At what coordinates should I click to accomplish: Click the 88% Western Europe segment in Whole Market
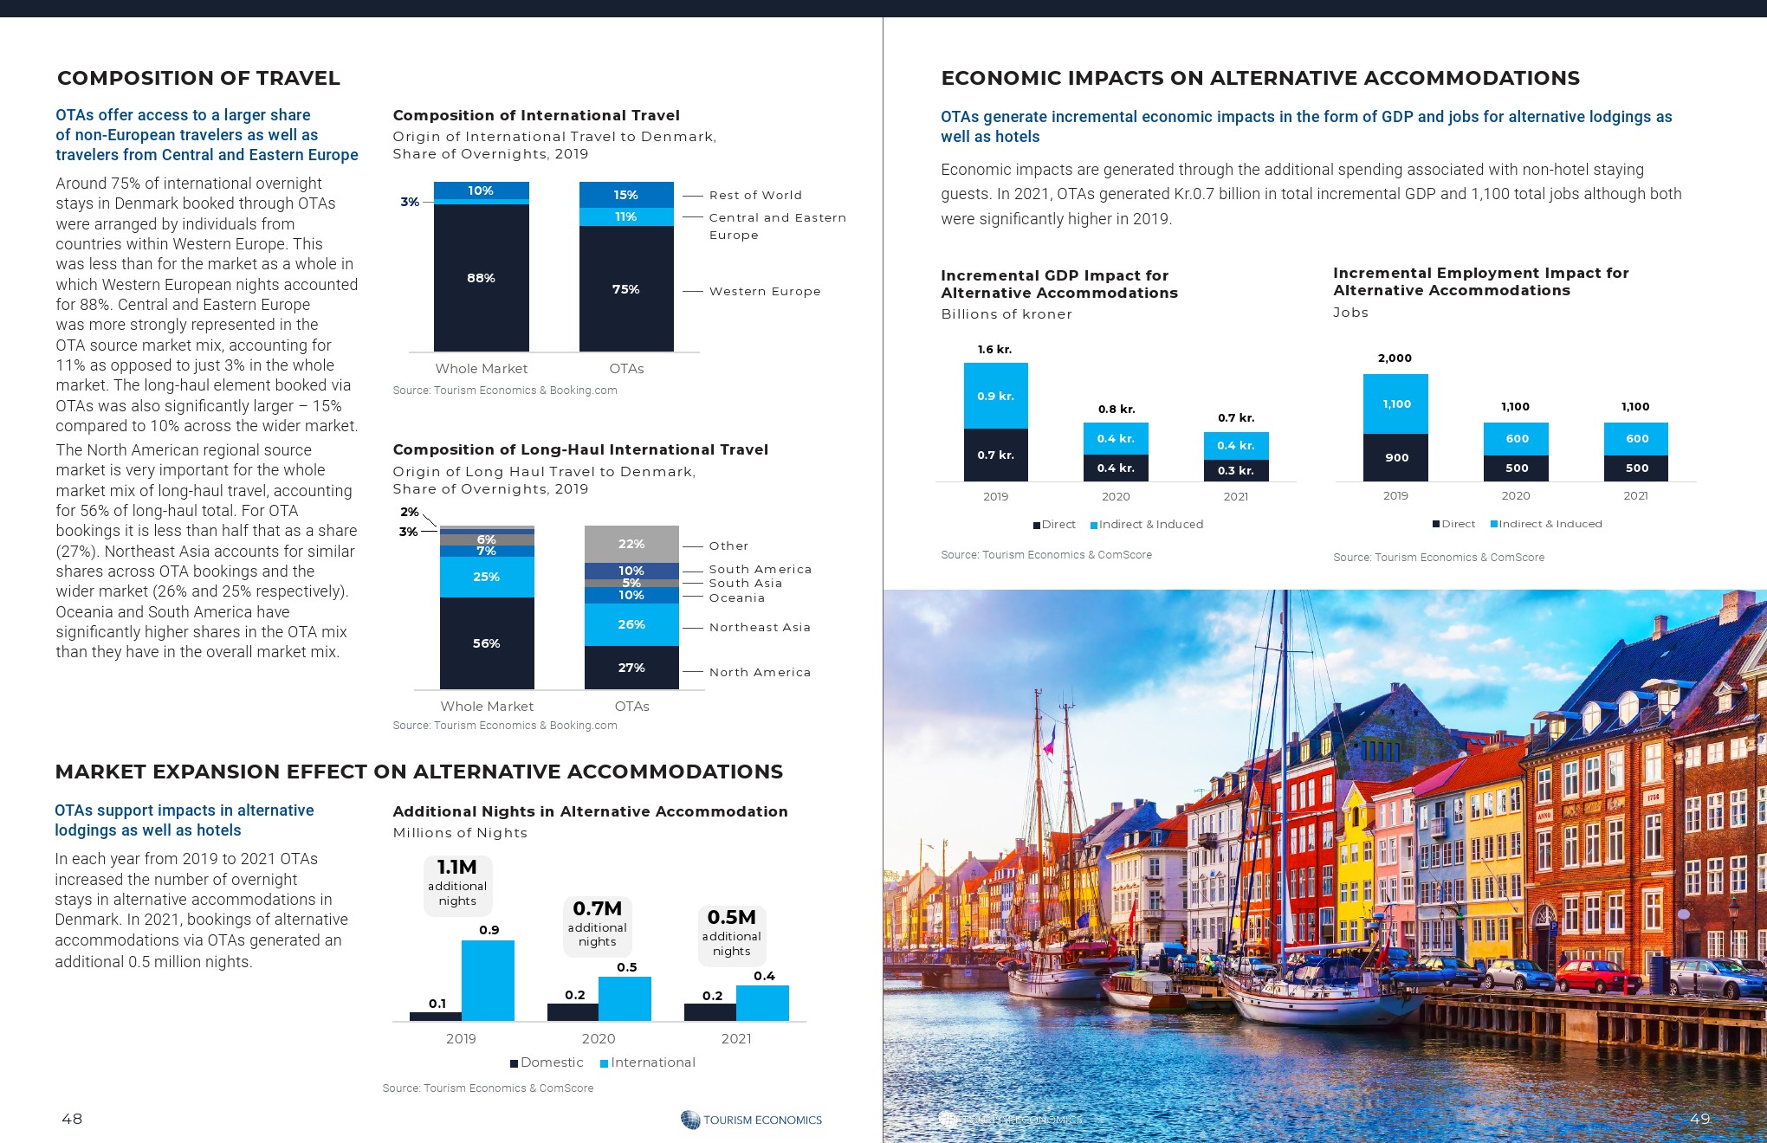(481, 277)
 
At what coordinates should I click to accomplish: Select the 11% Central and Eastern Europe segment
(625, 216)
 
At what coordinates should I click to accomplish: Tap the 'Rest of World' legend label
(755, 196)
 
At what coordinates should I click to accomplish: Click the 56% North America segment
(486, 643)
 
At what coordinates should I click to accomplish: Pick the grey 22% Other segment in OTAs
(631, 544)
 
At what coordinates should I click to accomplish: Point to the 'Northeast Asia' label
(760, 628)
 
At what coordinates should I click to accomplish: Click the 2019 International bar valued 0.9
(488, 980)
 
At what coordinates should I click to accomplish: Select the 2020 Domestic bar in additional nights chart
(573, 1011)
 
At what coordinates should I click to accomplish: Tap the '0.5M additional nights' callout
(731, 933)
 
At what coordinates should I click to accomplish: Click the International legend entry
(652, 1062)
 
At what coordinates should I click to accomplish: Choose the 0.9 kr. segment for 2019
(995, 396)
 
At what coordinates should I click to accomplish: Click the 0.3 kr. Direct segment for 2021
(1235, 470)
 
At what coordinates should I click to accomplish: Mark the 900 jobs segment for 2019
(1395, 457)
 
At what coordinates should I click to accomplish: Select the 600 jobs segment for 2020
(1516, 439)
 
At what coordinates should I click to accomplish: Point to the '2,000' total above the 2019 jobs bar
(1395, 358)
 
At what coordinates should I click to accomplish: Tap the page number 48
(72, 1119)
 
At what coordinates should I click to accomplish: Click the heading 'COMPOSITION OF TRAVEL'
(198, 78)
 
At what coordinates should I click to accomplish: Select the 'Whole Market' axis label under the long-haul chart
(487, 707)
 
